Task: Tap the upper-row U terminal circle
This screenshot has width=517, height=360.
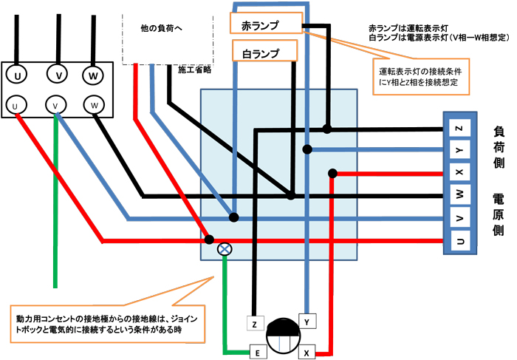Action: coord(16,75)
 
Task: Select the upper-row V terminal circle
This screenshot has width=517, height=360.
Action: coord(56,75)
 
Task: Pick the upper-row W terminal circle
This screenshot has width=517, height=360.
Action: coord(92,75)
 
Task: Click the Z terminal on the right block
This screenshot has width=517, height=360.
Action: coord(459,129)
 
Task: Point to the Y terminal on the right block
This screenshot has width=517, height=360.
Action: coord(459,152)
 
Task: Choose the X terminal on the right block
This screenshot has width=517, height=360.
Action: coord(459,174)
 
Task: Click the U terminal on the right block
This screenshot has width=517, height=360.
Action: coord(459,241)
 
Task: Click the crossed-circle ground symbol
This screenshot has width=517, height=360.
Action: coord(225,250)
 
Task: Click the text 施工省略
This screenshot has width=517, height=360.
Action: coord(195,70)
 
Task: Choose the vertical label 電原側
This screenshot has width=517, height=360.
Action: coord(499,214)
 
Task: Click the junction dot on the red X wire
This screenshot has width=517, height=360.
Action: coord(334,174)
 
